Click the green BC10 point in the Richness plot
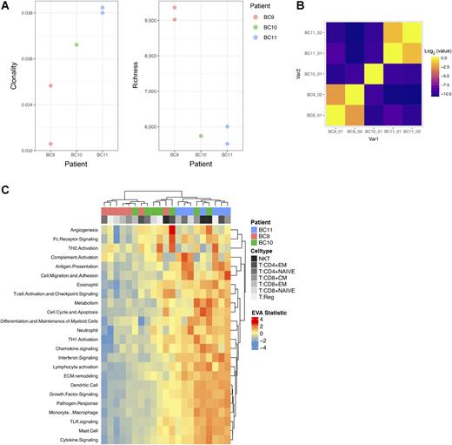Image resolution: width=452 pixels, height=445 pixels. coord(201,136)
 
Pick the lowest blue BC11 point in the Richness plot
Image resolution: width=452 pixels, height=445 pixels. coord(226,144)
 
